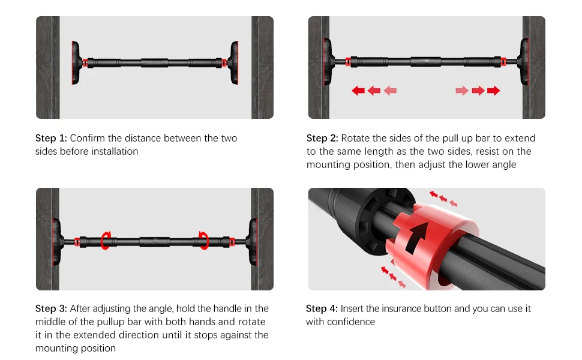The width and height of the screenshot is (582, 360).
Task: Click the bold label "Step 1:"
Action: pos(51,139)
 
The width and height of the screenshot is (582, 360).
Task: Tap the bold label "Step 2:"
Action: pos(322,139)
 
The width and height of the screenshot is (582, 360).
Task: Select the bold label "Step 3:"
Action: pos(51,309)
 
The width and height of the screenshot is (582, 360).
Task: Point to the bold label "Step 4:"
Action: pos(322,309)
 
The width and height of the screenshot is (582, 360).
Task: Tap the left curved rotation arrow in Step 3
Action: pos(106,241)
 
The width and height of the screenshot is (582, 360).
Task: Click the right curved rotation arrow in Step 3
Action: pos(203,241)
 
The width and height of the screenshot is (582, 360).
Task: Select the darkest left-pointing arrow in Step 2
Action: pos(358,91)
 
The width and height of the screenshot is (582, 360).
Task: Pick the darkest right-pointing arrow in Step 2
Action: pos(494,91)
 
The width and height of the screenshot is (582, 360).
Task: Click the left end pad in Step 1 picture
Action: pos(76,63)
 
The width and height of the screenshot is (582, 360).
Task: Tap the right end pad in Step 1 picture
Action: pos(234,63)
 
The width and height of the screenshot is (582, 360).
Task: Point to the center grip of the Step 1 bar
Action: pos(154,63)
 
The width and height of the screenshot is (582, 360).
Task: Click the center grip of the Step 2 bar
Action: pos(426,62)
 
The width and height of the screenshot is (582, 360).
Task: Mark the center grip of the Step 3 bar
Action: pos(154,242)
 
